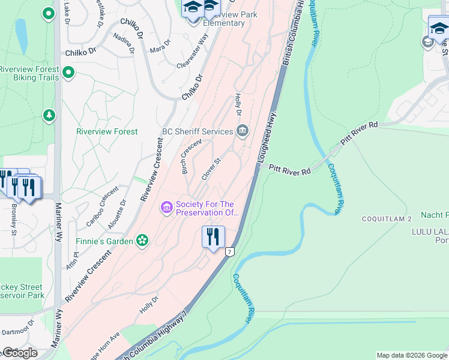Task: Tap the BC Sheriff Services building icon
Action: click(243, 130)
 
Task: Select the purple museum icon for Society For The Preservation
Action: click(166, 208)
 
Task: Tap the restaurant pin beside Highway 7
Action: click(213, 237)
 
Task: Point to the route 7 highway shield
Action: click(229, 252)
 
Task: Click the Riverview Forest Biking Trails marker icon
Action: click(68, 73)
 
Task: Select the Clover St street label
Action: click(211, 169)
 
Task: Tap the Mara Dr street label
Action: click(160, 46)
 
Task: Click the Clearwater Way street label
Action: click(193, 51)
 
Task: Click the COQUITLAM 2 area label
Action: click(387, 219)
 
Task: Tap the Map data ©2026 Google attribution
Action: click(411, 355)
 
